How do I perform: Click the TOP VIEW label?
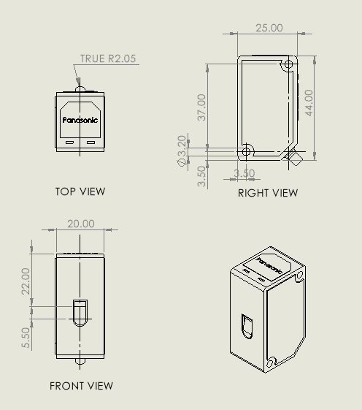(x=80, y=191)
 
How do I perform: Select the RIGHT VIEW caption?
(x=268, y=193)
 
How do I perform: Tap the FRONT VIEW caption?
(x=81, y=386)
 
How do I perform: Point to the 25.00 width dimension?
(x=269, y=28)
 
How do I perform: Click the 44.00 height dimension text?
(x=309, y=103)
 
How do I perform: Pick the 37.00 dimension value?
(x=201, y=107)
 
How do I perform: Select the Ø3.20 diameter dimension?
(x=182, y=151)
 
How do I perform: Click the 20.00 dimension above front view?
(x=81, y=224)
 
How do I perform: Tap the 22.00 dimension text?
(x=26, y=281)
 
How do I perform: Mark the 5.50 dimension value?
(x=26, y=338)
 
